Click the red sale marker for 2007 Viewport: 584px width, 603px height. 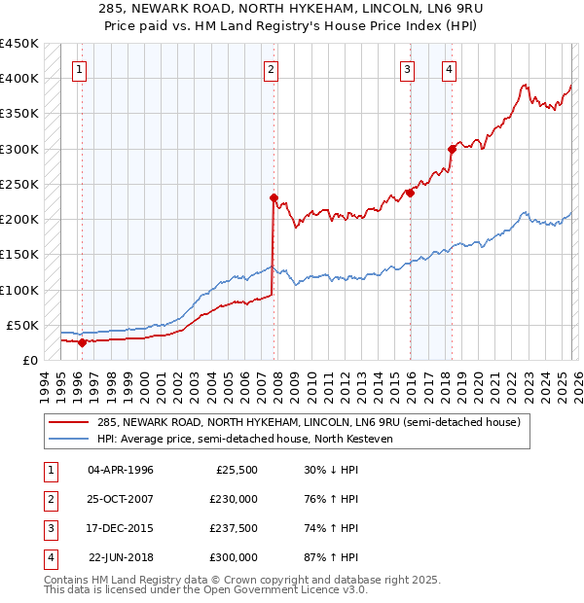(x=274, y=197)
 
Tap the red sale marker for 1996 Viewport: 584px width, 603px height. (x=82, y=342)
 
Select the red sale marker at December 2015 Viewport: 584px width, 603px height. (x=410, y=193)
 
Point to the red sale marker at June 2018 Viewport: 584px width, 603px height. (x=452, y=149)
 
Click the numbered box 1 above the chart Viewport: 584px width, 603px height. (x=78, y=69)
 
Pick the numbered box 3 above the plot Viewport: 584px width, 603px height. (x=407, y=69)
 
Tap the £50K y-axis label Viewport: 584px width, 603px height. (x=22, y=325)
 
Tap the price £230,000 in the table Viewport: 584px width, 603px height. (x=233, y=498)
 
